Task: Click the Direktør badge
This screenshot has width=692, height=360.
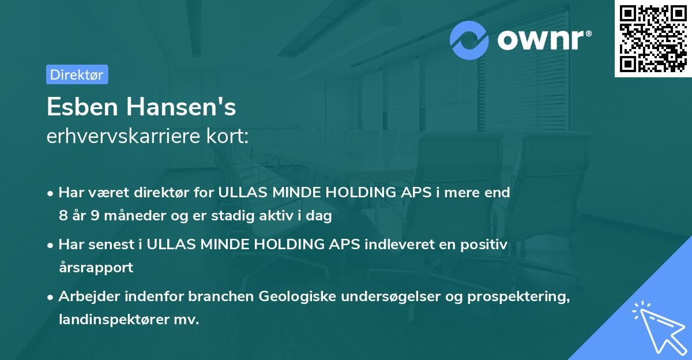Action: tap(77, 74)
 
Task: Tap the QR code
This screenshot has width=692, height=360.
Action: tap(653, 38)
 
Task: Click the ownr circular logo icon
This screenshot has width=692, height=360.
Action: tap(469, 40)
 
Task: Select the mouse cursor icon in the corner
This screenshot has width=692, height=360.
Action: tap(659, 327)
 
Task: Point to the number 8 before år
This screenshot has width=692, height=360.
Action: tap(63, 216)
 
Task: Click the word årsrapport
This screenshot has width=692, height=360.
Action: tap(96, 268)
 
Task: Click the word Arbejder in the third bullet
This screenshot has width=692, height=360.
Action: tap(85, 297)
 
